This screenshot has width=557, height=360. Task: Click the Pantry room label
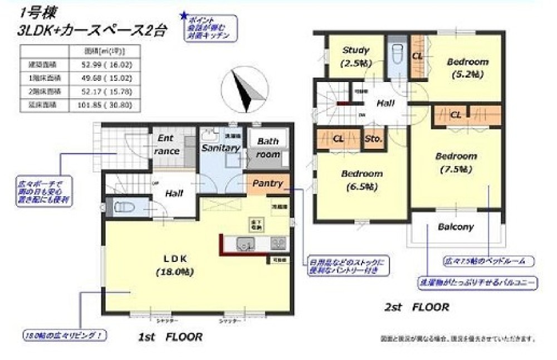point(268,183)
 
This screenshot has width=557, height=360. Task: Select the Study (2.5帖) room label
point(355,56)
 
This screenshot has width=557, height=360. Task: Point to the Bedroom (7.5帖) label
point(456,162)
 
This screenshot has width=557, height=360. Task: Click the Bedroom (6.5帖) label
point(361,179)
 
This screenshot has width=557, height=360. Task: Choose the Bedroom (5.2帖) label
point(467,67)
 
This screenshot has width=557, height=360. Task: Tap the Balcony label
point(455,227)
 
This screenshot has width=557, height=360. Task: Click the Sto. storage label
point(373,139)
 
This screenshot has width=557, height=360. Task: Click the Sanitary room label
point(221,148)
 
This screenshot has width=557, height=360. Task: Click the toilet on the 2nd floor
point(397,56)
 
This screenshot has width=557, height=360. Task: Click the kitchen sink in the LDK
point(246,244)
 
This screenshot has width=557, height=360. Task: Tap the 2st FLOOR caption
point(417,307)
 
